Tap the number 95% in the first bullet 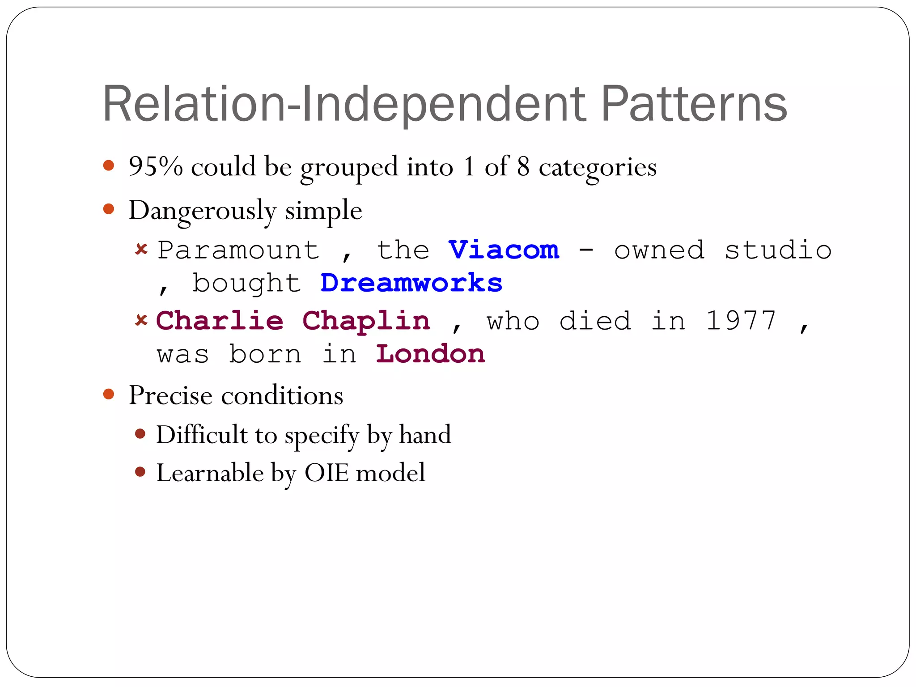pos(156,166)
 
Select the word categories pos(598,167)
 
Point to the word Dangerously pos(202,210)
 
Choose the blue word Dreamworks pos(411,283)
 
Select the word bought pos(247,283)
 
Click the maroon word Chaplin pos(366,321)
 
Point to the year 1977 pos(741,321)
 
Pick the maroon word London pos(430,354)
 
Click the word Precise pos(170,395)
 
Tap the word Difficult pos(202,434)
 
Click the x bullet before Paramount pos(141,249)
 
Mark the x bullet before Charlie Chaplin pos(141,320)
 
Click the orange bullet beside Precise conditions pos(109,394)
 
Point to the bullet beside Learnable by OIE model pos(140,472)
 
